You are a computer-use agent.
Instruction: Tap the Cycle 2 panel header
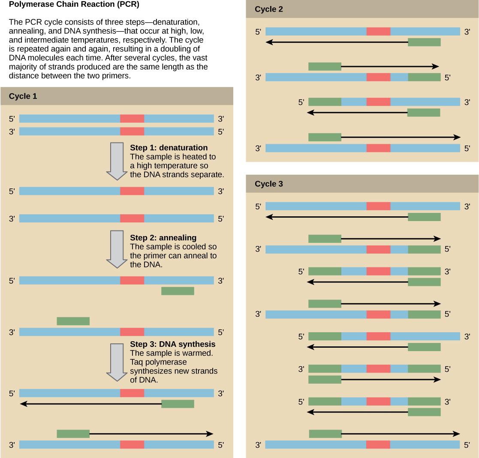point(269,9)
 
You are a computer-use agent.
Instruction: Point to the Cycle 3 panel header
point(269,184)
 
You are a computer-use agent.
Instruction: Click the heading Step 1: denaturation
point(169,148)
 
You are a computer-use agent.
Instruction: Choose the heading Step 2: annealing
point(163,237)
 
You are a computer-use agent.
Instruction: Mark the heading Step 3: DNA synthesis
point(172,344)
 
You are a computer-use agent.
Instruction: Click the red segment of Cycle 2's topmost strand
point(378,31)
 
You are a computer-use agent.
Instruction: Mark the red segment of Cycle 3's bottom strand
point(378,445)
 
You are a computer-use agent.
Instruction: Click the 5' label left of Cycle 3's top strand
point(258,206)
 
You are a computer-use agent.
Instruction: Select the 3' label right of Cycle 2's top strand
point(467,32)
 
